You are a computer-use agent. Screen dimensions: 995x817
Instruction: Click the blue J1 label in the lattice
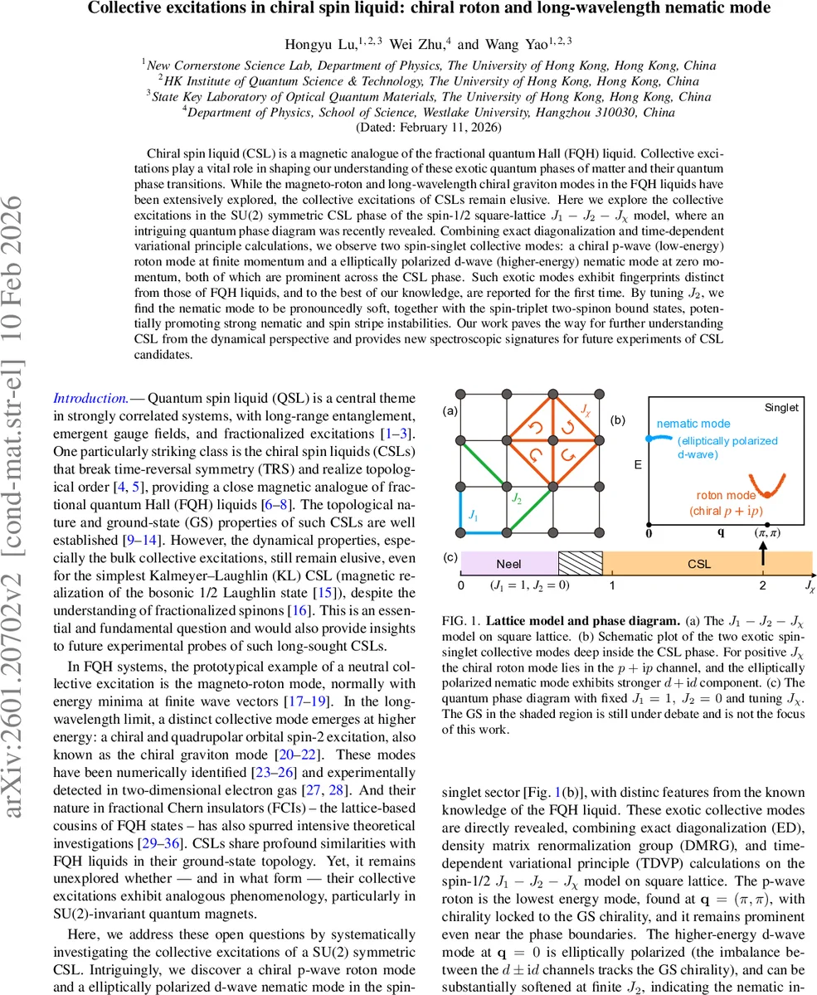point(473,515)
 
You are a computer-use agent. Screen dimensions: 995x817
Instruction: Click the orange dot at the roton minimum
point(767,495)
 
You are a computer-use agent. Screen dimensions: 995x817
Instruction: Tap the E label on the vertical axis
point(637,464)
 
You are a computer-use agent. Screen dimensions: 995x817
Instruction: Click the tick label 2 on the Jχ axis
point(763,585)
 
